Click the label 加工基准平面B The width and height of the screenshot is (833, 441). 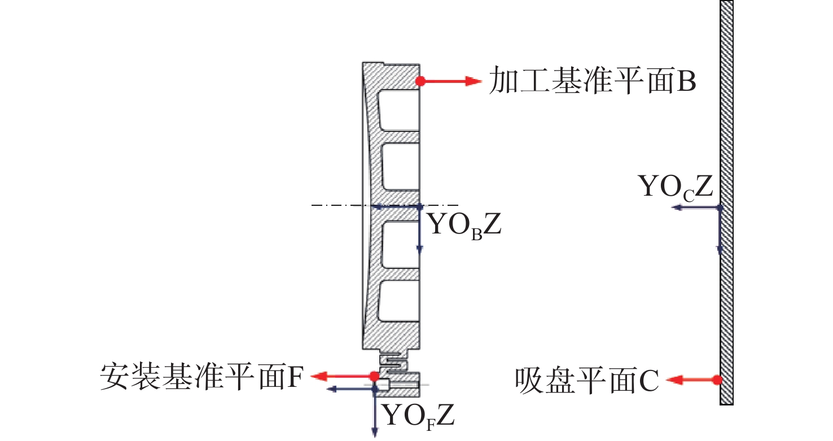coord(592,81)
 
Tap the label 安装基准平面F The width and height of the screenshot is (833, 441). coord(202,375)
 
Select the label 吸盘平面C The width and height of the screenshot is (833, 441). coord(587,381)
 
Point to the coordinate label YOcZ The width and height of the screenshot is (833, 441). coord(676,187)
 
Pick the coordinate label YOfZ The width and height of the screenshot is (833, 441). coord(418,417)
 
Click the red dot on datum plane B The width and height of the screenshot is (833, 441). coord(420,81)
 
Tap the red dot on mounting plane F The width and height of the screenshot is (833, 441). coord(374,376)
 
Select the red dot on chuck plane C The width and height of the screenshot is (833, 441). coord(717,380)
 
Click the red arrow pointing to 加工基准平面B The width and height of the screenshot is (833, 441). coord(451,81)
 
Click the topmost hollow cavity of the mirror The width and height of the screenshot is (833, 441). coord(398,109)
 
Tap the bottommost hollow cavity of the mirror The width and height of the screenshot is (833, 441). coord(398,300)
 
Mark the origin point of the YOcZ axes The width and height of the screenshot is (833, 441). coord(720,208)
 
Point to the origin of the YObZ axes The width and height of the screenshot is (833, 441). coord(420,206)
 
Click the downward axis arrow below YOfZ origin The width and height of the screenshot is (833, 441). coord(374,417)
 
